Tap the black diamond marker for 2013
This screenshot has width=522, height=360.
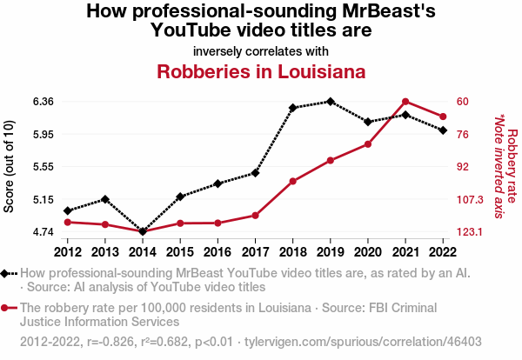point(104,199)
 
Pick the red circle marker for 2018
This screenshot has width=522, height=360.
point(293,181)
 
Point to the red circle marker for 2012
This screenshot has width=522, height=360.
point(67,222)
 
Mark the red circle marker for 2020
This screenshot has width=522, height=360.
point(368,144)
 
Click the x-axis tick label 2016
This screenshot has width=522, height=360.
point(217,252)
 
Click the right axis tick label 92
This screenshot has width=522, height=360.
point(464,167)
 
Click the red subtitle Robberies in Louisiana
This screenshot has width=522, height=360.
point(260,71)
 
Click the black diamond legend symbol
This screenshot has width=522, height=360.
point(9,273)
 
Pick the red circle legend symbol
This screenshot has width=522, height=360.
point(9,307)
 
